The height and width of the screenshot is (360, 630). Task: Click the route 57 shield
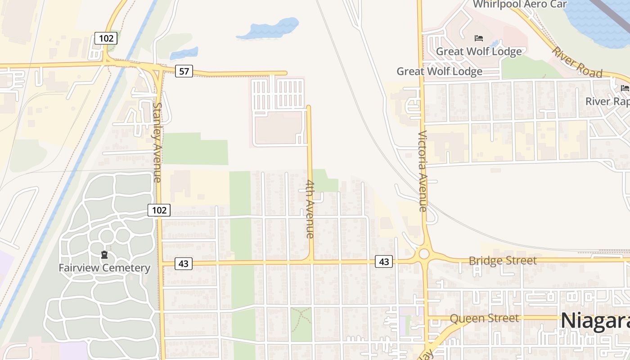tap(184, 71)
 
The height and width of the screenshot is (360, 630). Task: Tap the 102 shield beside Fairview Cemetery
tap(159, 210)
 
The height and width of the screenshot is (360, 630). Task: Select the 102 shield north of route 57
tap(106, 38)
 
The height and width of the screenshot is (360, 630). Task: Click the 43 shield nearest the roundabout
tap(384, 261)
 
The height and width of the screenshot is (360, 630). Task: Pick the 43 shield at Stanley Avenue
tap(183, 264)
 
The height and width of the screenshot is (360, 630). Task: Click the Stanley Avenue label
tap(157, 142)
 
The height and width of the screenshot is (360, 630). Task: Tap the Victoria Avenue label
tap(422, 171)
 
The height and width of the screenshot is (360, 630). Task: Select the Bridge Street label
tap(503, 261)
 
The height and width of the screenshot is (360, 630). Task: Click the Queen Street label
tap(484, 318)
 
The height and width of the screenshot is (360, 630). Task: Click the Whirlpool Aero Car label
tap(520, 4)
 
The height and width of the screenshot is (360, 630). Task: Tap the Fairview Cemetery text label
tap(104, 268)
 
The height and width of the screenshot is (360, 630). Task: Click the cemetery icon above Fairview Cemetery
tap(104, 255)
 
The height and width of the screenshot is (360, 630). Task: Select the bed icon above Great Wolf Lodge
tap(479, 39)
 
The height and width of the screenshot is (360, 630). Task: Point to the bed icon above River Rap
tap(625, 88)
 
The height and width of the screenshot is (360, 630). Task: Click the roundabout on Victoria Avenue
tap(424, 254)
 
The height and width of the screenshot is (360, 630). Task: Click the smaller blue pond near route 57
tap(184, 53)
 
